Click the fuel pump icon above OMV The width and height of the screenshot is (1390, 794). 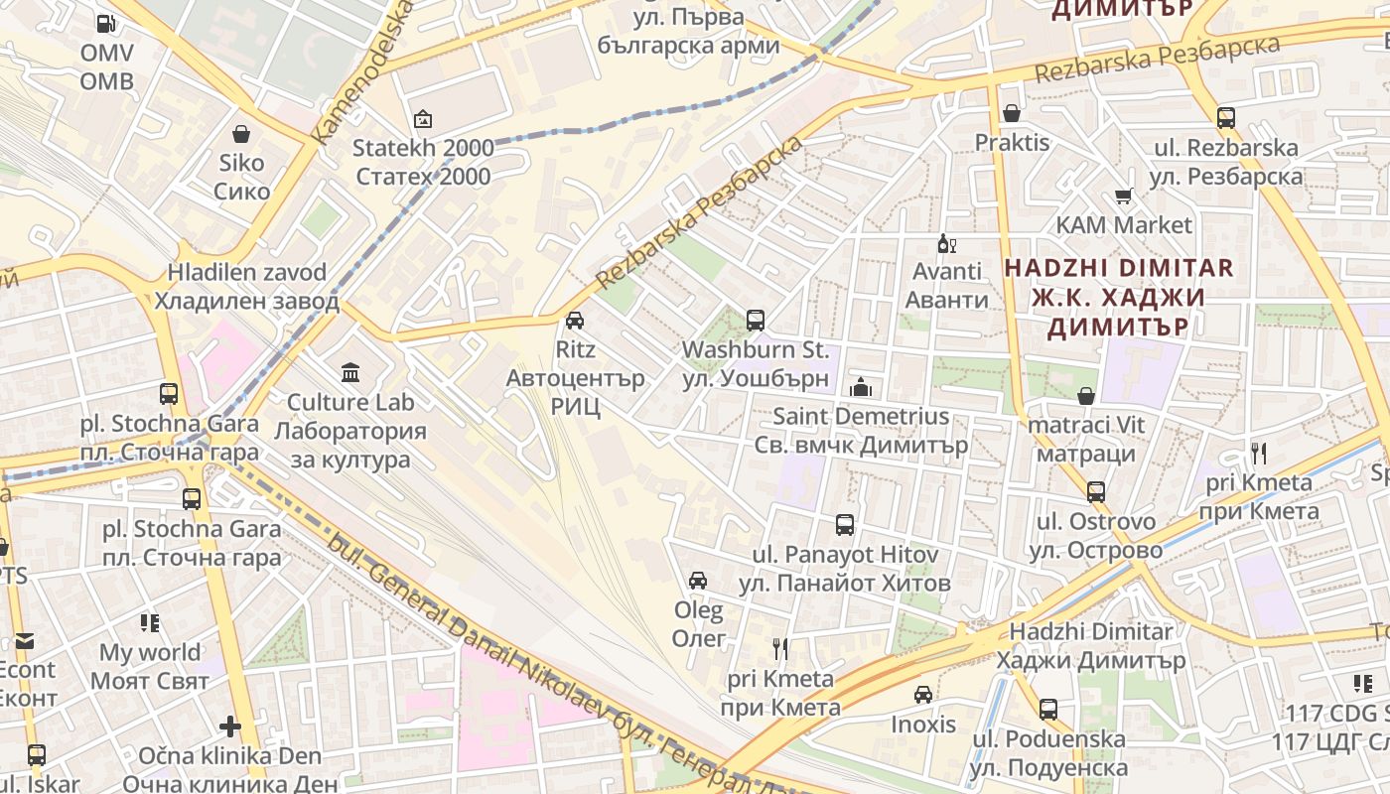[105, 23]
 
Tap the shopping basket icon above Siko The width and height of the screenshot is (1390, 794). [241, 133]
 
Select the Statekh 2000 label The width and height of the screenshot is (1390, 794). [423, 162]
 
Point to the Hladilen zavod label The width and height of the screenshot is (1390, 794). [246, 286]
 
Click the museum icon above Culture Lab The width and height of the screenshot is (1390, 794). [350, 373]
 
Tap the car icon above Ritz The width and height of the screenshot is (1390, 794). [574, 320]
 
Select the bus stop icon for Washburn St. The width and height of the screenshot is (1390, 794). [756, 320]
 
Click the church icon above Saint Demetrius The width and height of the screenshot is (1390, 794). [861, 387]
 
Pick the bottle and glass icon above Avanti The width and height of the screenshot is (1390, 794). [946, 243]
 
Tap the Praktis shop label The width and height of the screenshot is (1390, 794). [1012, 143]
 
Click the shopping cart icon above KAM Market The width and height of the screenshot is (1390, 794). [1124, 197]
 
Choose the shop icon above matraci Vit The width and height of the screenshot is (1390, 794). [1087, 396]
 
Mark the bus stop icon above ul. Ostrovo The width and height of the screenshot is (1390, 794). [1096, 491]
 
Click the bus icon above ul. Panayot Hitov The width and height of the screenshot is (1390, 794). [845, 525]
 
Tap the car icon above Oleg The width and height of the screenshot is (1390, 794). [698, 581]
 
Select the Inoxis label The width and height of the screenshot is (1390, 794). [923, 724]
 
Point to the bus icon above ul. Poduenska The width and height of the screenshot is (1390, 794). [1048, 710]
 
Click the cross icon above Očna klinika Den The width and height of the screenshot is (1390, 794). [230, 727]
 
